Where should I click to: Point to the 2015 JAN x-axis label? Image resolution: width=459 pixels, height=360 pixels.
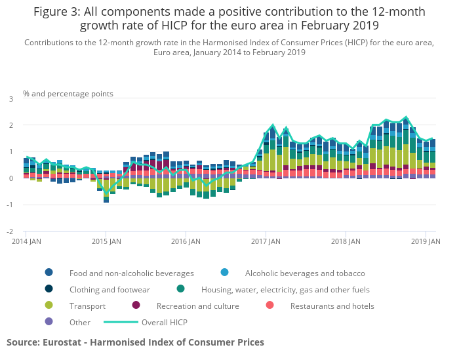[x=107, y=241]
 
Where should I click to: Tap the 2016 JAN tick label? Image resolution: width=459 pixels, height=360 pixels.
[x=186, y=241]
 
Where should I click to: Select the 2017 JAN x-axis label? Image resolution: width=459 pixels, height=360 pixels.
[x=266, y=241]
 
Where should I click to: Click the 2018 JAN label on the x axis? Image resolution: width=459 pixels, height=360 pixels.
[x=346, y=241]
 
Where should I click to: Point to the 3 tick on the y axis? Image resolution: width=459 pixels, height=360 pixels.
[x=10, y=98]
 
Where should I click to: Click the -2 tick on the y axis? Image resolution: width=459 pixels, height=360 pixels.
[x=10, y=231]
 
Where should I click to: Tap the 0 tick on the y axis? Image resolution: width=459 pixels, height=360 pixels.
[x=10, y=178]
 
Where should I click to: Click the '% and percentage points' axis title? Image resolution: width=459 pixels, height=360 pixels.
[x=68, y=94]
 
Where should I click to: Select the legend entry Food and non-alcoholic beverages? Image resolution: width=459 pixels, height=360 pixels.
[x=131, y=273]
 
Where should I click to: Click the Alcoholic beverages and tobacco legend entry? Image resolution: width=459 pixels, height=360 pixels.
[x=304, y=273]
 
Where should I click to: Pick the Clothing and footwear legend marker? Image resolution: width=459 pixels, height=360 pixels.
[x=49, y=289]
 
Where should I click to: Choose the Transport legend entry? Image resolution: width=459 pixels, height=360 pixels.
[x=88, y=306]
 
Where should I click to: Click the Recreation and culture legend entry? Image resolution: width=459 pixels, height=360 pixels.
[x=197, y=306]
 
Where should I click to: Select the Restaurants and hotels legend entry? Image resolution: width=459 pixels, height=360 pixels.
[x=332, y=306]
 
